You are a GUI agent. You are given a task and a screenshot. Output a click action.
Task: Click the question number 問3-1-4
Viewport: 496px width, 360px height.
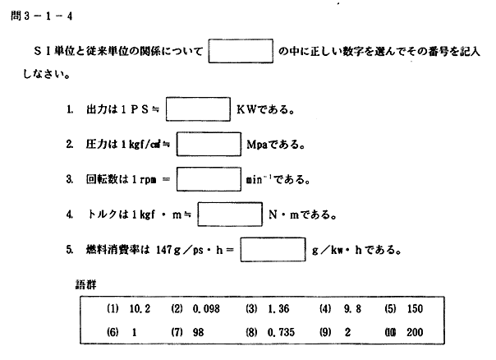(x=41, y=16)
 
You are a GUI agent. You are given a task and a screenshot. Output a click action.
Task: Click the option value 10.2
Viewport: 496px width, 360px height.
(x=140, y=309)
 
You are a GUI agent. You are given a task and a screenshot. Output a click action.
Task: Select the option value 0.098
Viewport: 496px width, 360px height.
(x=206, y=309)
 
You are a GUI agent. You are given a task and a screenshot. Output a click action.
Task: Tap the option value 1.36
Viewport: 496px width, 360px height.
(x=278, y=309)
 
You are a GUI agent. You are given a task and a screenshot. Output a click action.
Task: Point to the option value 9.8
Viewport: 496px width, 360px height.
(x=352, y=309)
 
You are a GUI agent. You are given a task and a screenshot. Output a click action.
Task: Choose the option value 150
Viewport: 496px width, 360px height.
(x=415, y=309)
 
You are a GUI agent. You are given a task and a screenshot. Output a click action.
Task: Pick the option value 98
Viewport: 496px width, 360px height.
(x=198, y=332)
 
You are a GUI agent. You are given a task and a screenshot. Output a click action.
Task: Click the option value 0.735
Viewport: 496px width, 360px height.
(x=281, y=332)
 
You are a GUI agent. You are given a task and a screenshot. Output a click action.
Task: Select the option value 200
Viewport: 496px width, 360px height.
(x=415, y=332)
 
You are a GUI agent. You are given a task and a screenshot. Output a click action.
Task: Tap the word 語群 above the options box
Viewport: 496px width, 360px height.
(x=85, y=284)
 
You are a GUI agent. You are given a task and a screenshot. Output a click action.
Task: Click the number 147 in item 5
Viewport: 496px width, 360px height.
(x=164, y=250)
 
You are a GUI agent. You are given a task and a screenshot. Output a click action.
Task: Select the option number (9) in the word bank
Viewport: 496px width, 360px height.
(x=325, y=332)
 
